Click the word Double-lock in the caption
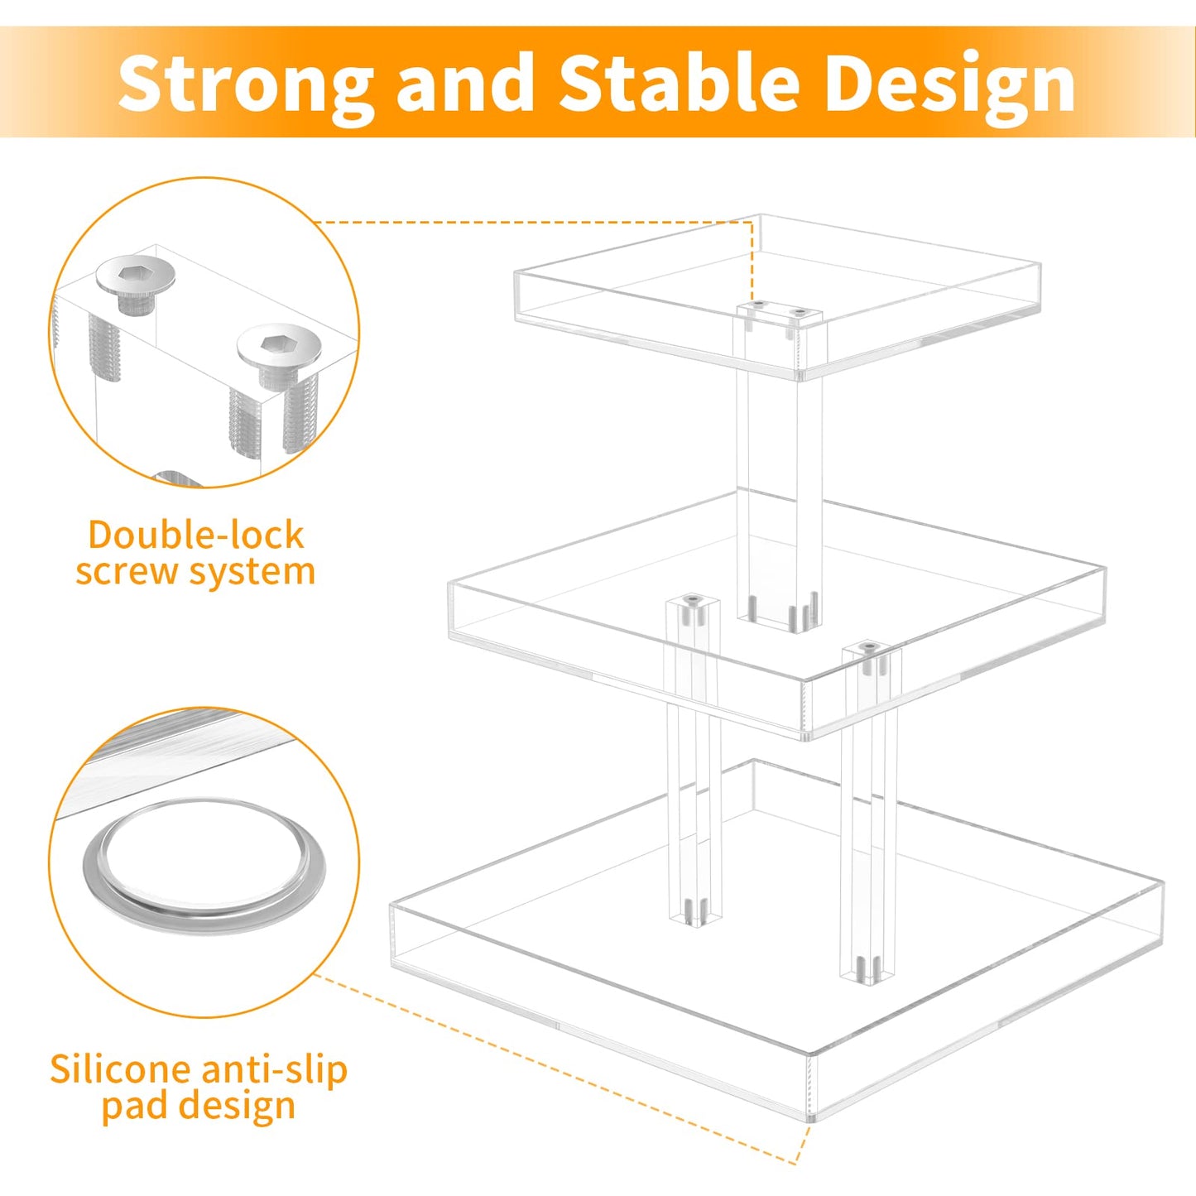(x=196, y=535)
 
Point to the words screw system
(x=195, y=571)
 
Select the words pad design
(x=198, y=1106)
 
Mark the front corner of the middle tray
(x=806, y=708)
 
